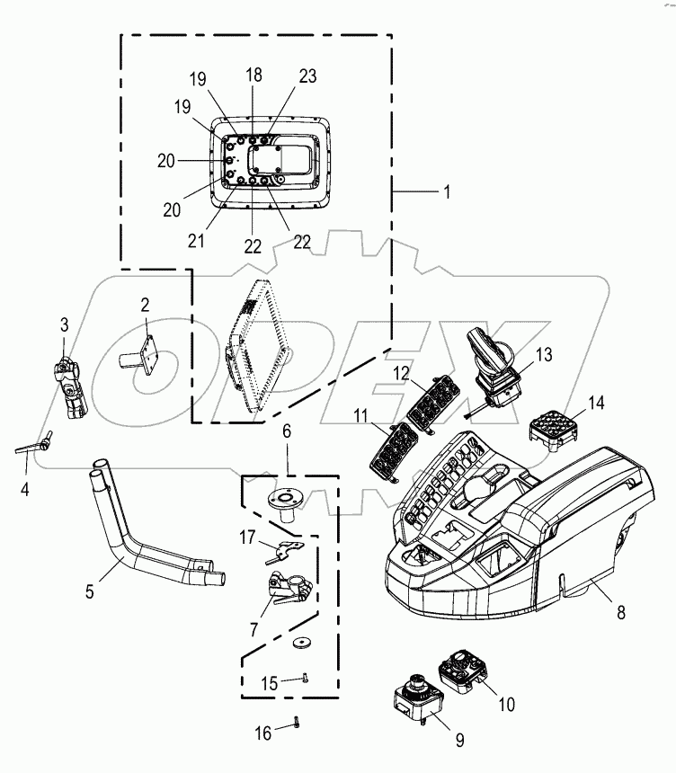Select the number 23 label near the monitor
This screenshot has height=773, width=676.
point(307,78)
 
